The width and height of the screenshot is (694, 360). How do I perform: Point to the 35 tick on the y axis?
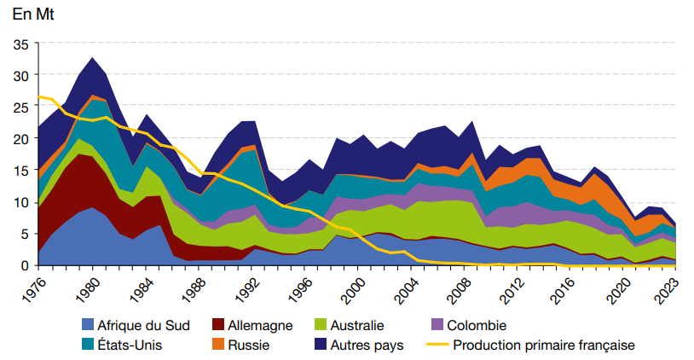point(20,44)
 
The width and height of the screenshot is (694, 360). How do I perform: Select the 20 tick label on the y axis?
point(20,139)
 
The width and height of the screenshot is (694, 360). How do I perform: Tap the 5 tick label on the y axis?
point(24,234)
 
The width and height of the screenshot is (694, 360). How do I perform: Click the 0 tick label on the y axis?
point(24,265)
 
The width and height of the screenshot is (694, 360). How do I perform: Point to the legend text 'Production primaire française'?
point(544,345)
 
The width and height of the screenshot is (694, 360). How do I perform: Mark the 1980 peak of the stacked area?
point(92,58)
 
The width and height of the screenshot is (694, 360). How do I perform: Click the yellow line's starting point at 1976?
point(39,96)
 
